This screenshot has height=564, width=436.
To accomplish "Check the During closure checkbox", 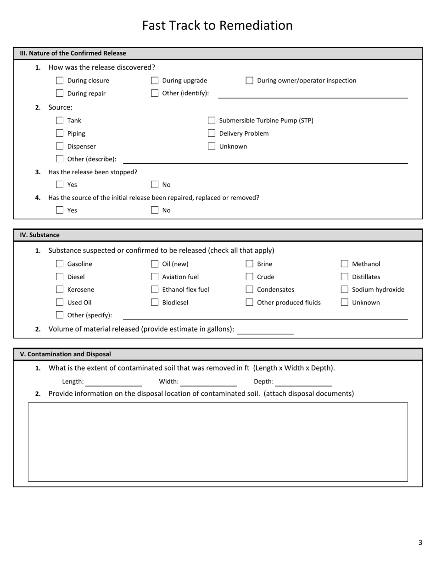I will click(x=60, y=81).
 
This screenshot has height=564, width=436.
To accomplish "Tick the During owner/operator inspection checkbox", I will click(x=249, y=81).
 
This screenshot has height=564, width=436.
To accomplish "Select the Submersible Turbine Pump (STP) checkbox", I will click(x=212, y=121).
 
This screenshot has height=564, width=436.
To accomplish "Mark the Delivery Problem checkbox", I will click(x=212, y=133).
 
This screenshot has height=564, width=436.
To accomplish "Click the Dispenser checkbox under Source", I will click(x=60, y=146).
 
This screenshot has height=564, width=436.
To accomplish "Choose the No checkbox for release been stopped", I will click(x=155, y=185).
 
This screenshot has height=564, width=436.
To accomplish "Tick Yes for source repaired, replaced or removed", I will click(x=60, y=210).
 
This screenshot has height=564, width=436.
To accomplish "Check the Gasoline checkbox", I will click(x=60, y=264).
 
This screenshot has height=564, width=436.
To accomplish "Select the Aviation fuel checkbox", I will click(x=155, y=276).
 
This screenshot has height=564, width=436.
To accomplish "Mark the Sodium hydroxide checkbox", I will click(x=345, y=289).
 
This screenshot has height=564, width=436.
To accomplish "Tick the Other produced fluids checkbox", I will click(x=249, y=302).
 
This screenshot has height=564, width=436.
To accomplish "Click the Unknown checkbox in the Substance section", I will click(x=345, y=302).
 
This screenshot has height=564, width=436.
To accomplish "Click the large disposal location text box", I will click(x=218, y=442).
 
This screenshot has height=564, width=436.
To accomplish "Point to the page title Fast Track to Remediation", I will click(x=217, y=25).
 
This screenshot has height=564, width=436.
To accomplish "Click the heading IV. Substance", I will click(x=39, y=235).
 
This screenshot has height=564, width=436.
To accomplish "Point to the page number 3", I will click(x=420, y=542).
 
